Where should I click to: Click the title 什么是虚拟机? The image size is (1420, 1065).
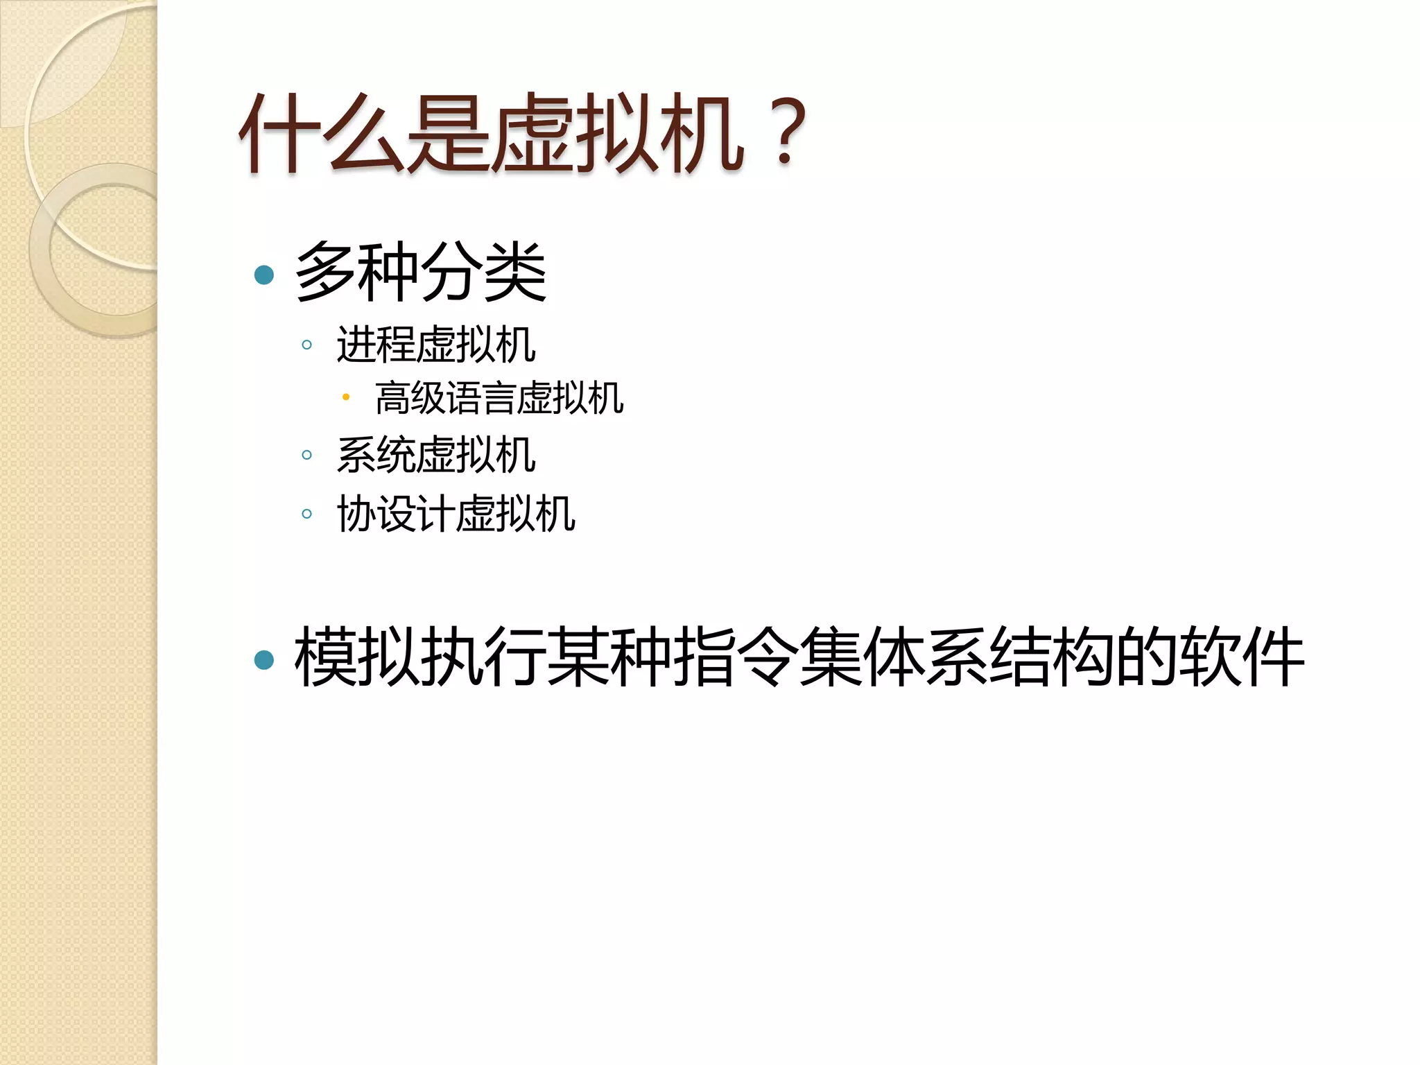pyautogui.click(x=492, y=133)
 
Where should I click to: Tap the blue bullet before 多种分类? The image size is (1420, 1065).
pyautogui.click(x=264, y=275)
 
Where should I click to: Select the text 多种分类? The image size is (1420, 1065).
pyautogui.click(x=421, y=272)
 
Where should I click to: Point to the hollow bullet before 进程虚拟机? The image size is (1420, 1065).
pyautogui.click(x=307, y=345)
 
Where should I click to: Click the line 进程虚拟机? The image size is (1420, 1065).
pyautogui.click(x=436, y=345)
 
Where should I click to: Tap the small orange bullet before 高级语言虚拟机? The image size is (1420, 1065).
pyautogui.click(x=346, y=397)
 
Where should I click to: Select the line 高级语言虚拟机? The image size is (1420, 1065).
pyautogui.click(x=499, y=399)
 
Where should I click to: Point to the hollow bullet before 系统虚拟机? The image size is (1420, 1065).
pyautogui.click(x=307, y=455)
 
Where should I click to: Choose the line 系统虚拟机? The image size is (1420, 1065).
pyautogui.click(x=436, y=455)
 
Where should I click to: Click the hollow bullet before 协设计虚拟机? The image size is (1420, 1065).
pyautogui.click(x=307, y=514)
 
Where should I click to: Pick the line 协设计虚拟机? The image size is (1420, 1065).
pyautogui.click(x=456, y=514)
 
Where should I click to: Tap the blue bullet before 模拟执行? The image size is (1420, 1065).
pyautogui.click(x=264, y=659)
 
